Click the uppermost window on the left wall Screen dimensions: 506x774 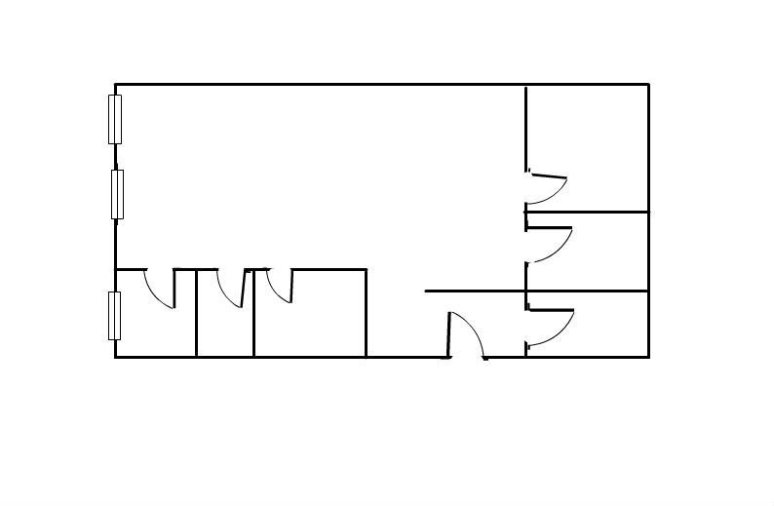click(115, 119)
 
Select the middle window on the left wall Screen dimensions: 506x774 click(118, 194)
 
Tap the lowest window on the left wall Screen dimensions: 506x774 click(115, 315)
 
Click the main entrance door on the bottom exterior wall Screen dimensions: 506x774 click(467, 335)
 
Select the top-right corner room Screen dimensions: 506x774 click(589, 146)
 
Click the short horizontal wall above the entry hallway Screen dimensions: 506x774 click(476, 291)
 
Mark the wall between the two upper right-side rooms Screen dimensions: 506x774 click(588, 212)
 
